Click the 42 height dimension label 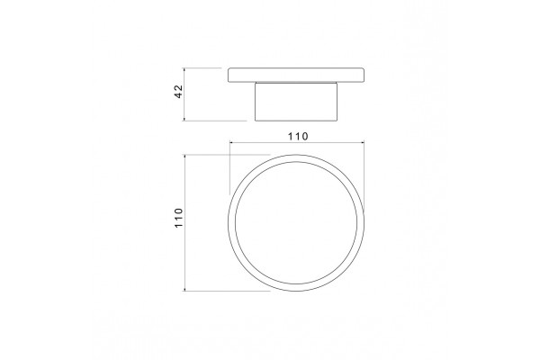[179, 92]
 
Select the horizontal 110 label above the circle [298, 137]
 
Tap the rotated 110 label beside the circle [179, 218]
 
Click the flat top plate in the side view [296, 75]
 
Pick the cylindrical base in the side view [296, 102]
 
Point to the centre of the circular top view [296, 222]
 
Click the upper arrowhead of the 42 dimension [184, 70]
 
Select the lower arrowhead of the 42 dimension [184, 119]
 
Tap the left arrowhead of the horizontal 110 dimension [232, 142]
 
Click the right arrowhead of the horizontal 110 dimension [362, 142]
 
